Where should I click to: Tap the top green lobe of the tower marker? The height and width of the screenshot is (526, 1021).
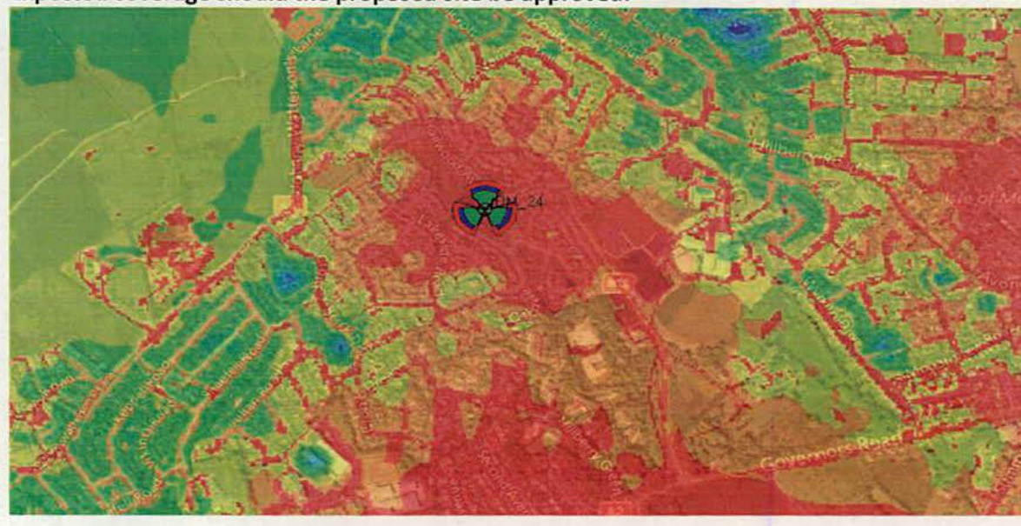tap(484, 193)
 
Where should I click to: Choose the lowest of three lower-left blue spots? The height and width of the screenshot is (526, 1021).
tap(312, 456)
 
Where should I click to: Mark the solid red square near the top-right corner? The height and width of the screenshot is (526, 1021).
tap(954, 44)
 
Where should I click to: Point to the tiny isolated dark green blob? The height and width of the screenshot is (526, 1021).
tap(206, 230)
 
